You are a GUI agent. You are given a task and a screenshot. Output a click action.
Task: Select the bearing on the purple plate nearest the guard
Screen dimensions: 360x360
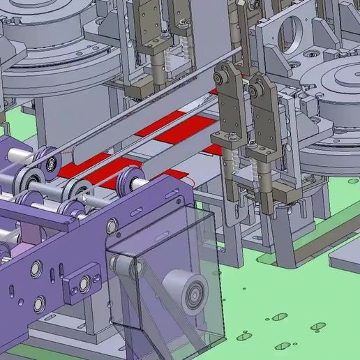tap(112, 225)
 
